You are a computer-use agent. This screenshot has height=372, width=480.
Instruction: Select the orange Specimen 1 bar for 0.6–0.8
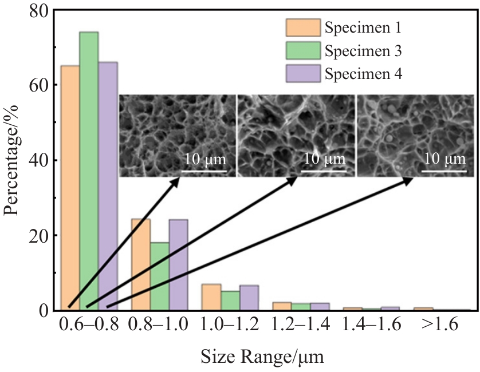tap(70, 189)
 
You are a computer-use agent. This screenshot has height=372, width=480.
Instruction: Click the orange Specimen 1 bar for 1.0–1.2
tap(211, 297)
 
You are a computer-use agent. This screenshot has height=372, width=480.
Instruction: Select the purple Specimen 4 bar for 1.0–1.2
tap(249, 298)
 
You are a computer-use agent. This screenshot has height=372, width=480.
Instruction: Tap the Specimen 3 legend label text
tap(363, 51)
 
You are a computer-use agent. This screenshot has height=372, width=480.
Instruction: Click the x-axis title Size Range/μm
tap(262, 359)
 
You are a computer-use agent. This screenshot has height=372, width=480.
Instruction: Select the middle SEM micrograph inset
tap(296, 136)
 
